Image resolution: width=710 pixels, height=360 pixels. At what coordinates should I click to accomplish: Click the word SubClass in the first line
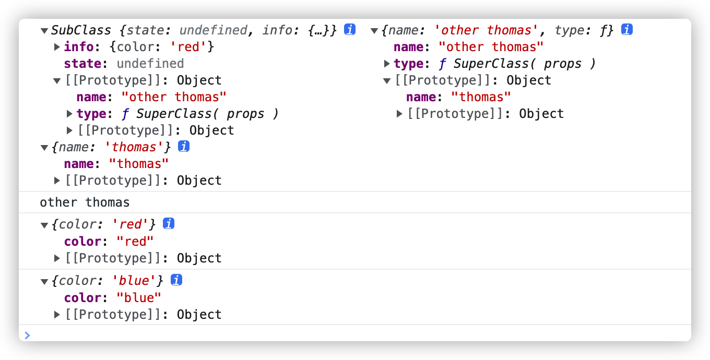(x=81, y=30)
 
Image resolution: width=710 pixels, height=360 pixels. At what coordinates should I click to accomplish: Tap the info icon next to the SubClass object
(x=350, y=30)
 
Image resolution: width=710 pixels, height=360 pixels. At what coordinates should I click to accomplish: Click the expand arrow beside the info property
(x=57, y=47)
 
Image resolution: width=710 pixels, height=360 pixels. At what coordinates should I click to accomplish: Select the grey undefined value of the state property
(x=150, y=64)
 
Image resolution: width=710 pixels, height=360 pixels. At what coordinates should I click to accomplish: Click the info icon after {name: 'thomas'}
(x=183, y=147)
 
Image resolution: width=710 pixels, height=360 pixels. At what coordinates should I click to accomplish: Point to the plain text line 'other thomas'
(x=85, y=202)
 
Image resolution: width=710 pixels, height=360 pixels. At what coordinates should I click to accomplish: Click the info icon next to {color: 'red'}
(x=169, y=224)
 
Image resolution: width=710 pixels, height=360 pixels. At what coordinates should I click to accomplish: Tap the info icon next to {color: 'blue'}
(x=176, y=280)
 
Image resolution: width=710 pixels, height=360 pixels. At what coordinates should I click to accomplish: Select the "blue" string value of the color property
(x=139, y=298)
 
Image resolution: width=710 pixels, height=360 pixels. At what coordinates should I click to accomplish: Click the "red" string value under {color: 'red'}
(x=135, y=242)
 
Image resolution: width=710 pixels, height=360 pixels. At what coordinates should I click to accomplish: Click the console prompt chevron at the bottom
(x=28, y=335)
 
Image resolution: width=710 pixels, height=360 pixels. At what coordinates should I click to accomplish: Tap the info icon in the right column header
(x=627, y=30)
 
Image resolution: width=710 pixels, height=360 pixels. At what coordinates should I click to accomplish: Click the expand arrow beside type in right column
(x=387, y=64)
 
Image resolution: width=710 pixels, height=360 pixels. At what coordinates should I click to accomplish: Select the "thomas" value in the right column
(x=481, y=97)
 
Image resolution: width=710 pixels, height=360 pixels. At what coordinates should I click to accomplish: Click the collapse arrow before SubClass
(x=44, y=30)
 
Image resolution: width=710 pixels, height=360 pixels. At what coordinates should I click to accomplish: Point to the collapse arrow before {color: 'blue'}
(x=44, y=281)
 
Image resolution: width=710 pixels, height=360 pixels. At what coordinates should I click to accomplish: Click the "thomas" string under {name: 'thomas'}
(x=139, y=164)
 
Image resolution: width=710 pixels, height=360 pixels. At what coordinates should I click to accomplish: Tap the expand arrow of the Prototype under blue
(x=57, y=315)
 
